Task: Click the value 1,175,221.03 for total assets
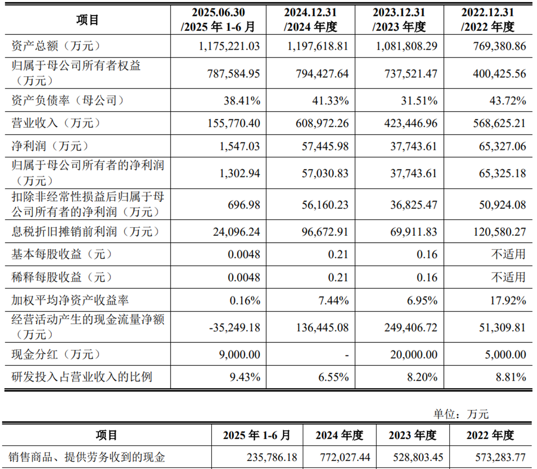229,46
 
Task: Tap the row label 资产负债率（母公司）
67,100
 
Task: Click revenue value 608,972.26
317,123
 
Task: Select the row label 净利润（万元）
50,146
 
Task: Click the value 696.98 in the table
244,205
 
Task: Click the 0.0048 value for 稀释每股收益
244,277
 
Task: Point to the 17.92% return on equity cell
507,301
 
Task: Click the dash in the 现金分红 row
346,355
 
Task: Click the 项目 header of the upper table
87,20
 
